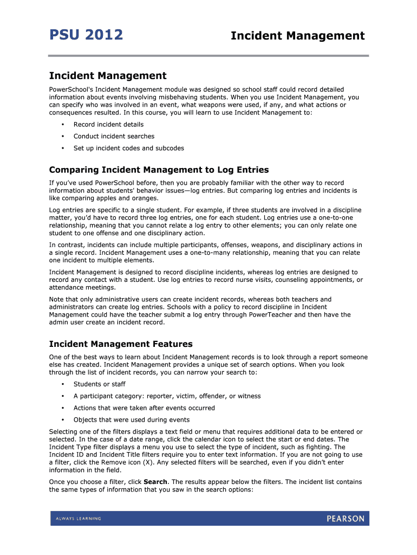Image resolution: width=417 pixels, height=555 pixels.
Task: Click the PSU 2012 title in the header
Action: click(86, 35)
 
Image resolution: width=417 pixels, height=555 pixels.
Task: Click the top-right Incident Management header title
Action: click(297, 36)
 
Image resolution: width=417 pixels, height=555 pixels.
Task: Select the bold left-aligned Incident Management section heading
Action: click(108, 76)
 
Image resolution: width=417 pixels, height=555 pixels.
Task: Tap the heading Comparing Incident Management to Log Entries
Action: click(159, 170)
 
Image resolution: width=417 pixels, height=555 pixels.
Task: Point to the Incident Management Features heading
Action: click(121, 344)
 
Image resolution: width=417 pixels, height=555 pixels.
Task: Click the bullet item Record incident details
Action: click(108, 125)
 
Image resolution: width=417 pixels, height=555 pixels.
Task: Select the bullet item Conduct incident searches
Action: click(114, 137)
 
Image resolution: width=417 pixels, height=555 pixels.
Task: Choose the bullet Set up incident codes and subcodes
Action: click(128, 149)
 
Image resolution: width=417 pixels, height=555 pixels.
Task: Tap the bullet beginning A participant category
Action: click(167, 396)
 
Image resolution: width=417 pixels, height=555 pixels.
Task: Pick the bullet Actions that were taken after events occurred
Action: click(144, 408)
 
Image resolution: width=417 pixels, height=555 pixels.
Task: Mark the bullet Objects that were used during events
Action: click(131, 420)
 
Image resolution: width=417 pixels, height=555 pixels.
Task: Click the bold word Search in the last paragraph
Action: click(155, 482)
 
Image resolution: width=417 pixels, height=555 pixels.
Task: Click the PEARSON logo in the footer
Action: click(346, 519)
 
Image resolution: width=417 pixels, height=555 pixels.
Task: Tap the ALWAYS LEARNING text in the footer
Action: click(78, 519)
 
